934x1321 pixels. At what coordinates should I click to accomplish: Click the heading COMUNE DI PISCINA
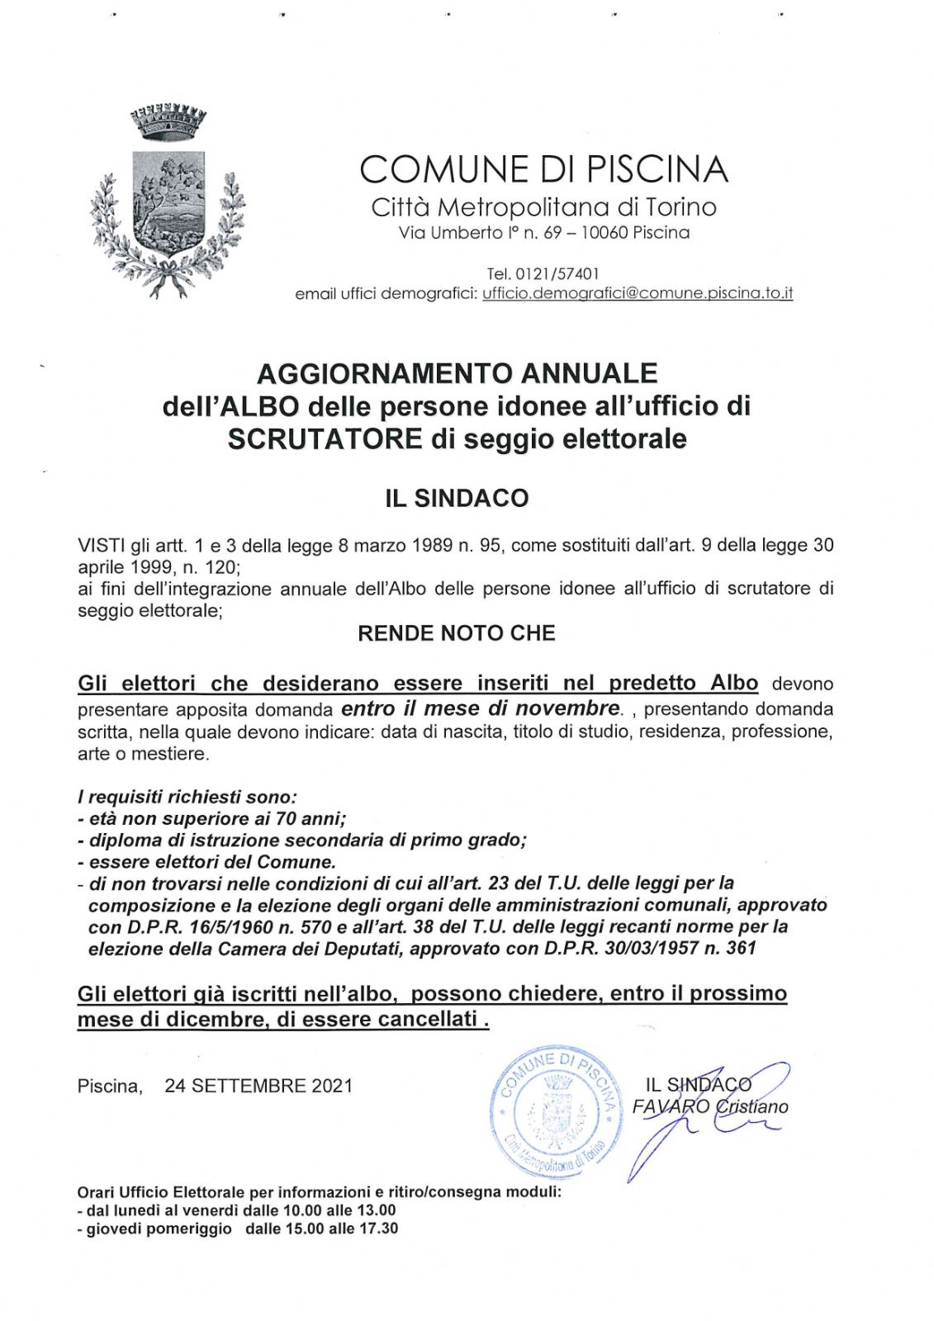coord(544,169)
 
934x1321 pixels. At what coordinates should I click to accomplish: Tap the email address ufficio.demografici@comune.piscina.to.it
coord(638,294)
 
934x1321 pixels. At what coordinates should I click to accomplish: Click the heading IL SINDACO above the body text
coord(457,499)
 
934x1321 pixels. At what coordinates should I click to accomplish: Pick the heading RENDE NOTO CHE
coord(457,633)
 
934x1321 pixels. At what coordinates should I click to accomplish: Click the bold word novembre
coord(567,708)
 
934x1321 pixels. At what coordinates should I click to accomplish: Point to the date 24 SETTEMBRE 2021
coord(258,1086)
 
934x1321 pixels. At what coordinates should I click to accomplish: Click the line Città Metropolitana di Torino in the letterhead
coord(544,206)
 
